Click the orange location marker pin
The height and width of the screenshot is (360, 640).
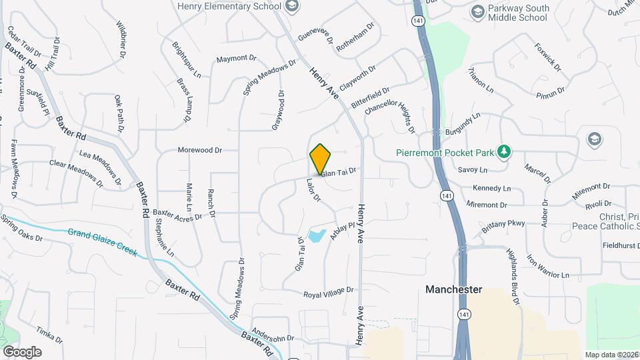click(320, 159)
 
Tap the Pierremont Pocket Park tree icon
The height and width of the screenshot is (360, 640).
click(505, 153)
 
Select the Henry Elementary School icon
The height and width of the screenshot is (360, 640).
click(291, 7)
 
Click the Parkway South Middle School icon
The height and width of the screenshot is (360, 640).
click(477, 11)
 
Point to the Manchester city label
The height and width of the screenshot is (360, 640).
click(454, 289)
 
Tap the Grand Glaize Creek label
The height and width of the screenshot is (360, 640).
click(102, 242)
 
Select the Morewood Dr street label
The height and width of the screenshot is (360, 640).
click(199, 150)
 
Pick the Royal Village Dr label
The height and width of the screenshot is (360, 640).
click(328, 293)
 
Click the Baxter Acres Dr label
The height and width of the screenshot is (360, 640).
click(177, 214)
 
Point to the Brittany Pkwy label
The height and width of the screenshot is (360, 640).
click(504, 226)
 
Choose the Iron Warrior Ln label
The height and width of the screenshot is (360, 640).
click(548, 265)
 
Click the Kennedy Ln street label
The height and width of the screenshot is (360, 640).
click(491, 189)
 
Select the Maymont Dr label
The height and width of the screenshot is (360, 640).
click(236, 59)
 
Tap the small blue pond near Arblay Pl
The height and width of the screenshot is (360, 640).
click(317, 235)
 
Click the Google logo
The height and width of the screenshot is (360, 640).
click(22, 351)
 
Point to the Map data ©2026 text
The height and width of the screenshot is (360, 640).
click(611, 355)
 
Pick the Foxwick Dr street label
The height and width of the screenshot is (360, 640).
click(547, 57)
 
